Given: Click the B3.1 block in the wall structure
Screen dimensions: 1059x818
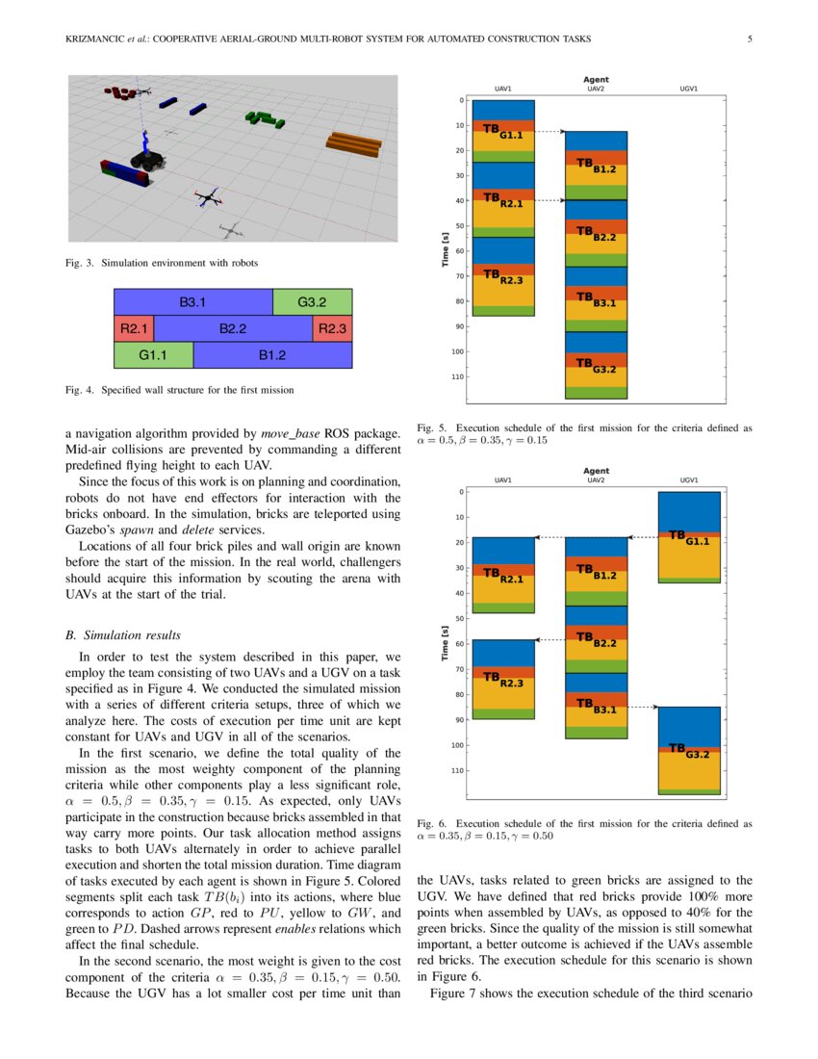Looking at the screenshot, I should (193, 302).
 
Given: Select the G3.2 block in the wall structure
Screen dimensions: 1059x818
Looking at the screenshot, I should (312, 302).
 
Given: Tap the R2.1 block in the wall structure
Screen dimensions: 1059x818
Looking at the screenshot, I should (133, 328).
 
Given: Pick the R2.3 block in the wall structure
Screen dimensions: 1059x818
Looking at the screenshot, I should (332, 328).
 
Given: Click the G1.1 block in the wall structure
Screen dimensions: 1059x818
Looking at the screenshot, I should (153, 355).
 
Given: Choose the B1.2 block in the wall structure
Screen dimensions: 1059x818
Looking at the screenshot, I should (272, 355).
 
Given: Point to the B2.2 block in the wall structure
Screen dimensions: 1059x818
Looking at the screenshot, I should (233, 328).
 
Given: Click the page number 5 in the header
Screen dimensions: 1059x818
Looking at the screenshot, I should (749, 39).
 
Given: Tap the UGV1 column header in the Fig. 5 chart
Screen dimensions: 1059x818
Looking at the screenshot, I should (688, 89).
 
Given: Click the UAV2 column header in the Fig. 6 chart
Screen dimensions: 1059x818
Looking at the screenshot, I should (596, 480).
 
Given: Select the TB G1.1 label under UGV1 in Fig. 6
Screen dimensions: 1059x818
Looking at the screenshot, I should (689, 538).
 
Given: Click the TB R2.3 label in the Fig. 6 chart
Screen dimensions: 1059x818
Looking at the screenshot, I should (502, 680).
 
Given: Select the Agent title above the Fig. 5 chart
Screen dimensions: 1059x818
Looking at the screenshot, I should (596, 79).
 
